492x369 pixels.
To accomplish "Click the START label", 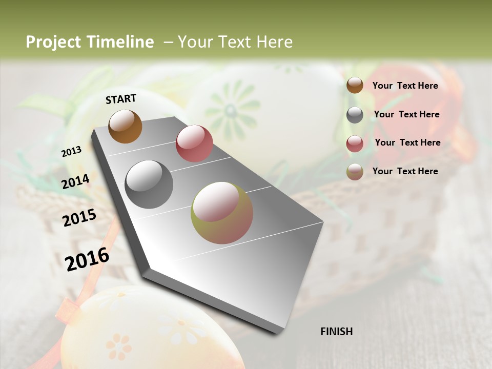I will point(121,99).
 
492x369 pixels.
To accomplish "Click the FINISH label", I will point(336,332).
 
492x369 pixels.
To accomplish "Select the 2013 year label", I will point(71,152).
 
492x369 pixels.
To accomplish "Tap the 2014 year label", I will point(76,181).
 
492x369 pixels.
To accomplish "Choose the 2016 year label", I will point(87,259).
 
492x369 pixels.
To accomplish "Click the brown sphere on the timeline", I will point(125,126).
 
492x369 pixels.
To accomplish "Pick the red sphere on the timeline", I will point(194,143).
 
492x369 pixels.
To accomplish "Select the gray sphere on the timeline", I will point(149,184).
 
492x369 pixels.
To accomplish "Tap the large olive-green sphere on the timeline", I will point(221,213).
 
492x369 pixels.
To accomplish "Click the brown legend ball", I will point(355,86).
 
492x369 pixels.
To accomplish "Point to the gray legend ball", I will point(355,115).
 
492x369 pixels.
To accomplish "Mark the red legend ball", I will point(355,143).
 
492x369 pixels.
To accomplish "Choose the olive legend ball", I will point(355,172).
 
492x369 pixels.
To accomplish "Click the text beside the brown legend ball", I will point(405,86).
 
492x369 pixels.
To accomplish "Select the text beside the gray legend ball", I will point(406,114).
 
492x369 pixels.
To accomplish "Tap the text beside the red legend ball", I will point(407,142).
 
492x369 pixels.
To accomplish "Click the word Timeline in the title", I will point(120,42).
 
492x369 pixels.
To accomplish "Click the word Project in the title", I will point(53,42).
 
